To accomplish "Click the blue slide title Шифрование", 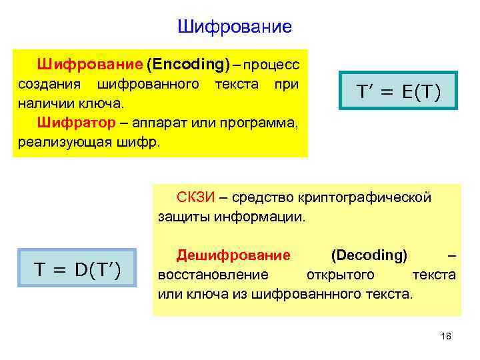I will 235,27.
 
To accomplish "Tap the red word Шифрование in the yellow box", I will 90,65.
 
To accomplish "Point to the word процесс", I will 272,65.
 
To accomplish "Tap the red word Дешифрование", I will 233,255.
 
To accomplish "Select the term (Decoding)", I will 369,255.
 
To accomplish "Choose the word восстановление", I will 213,274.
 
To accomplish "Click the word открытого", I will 340,274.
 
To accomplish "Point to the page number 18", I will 446,336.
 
